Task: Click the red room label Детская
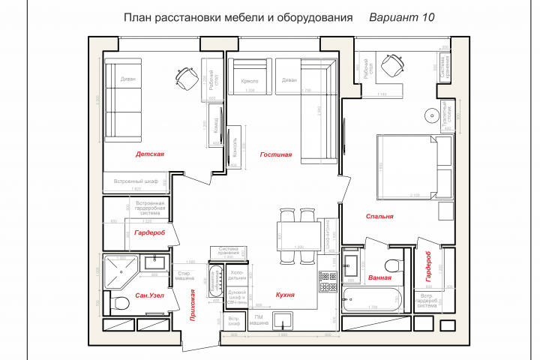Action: (149, 154)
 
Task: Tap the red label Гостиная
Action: (275, 154)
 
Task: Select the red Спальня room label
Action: (379, 217)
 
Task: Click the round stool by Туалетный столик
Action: (431, 115)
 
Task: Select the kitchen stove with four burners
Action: (327, 282)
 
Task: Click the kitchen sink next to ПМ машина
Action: (283, 321)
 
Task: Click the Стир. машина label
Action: (184, 276)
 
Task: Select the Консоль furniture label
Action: (236, 142)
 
